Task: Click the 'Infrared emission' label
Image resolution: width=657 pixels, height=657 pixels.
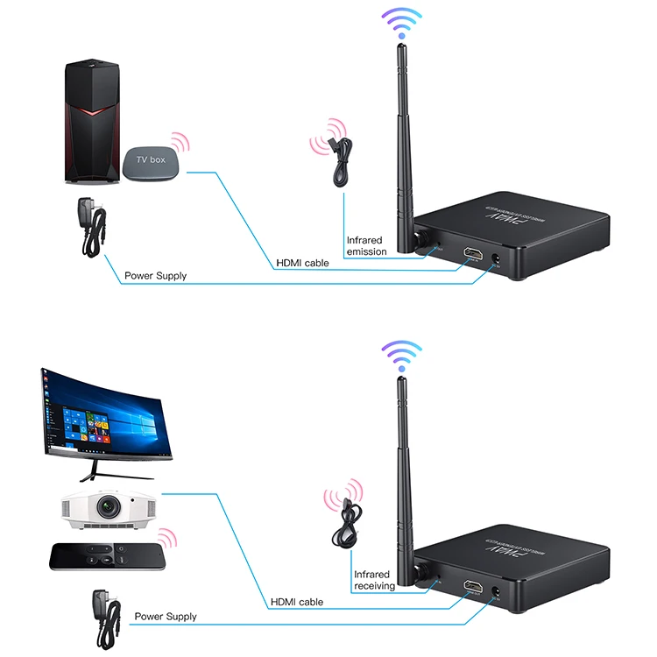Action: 366,245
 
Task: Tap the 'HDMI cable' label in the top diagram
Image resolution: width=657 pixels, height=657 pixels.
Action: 303,262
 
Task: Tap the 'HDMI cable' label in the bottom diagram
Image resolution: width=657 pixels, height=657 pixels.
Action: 297,602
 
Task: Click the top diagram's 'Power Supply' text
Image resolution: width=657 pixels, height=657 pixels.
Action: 155,276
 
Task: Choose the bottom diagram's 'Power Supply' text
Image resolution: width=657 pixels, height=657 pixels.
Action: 166,617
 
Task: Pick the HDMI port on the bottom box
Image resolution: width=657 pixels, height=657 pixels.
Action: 474,589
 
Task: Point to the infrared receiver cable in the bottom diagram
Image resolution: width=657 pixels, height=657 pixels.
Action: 343,526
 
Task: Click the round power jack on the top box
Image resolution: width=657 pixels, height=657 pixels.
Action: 498,258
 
